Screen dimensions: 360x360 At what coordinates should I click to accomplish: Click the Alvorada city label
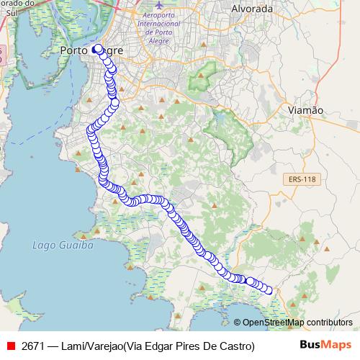tap(251, 9)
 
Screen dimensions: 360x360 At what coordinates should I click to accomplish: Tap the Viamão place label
tap(305, 110)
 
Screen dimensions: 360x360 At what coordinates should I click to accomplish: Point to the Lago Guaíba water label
tap(63, 245)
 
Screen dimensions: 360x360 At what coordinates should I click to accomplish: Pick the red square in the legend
tap(11, 346)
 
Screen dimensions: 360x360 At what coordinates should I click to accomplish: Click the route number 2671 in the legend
tap(34, 346)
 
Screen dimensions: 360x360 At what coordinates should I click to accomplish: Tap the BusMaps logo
tap(326, 345)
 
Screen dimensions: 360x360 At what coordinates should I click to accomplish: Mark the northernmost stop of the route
tap(98, 49)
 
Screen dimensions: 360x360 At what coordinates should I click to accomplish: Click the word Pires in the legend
tap(189, 346)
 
